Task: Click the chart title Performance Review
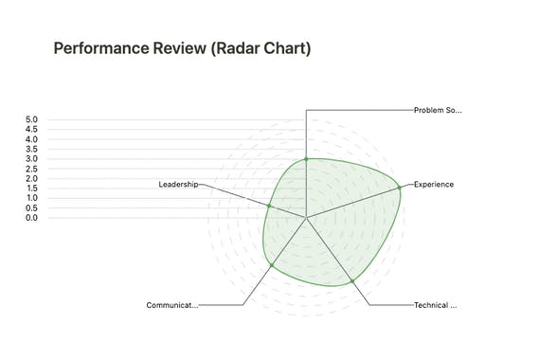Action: (182, 48)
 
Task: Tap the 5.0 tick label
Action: (31, 120)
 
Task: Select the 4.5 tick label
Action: (31, 130)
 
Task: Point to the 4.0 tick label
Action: (31, 139)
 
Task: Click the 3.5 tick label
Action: (31, 150)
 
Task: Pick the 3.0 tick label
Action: (31, 159)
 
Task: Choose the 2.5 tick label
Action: (31, 169)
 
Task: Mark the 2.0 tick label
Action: (31, 178)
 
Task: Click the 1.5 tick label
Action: (31, 189)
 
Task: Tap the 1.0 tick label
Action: (31, 198)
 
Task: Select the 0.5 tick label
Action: (31, 207)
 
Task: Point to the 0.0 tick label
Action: (31, 218)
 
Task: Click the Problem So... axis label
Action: (438, 110)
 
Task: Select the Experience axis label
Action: (434, 184)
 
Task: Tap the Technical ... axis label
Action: (436, 305)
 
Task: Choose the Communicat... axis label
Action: (172, 305)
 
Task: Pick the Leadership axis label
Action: (178, 185)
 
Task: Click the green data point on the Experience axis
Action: (399, 189)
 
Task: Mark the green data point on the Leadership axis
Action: (269, 206)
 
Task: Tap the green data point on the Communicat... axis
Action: (272, 265)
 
